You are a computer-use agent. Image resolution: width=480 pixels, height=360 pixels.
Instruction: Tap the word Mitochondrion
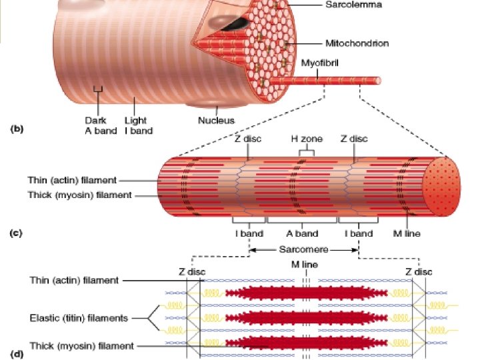(x=357, y=44)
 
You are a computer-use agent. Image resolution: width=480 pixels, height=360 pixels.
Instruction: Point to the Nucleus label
(x=216, y=121)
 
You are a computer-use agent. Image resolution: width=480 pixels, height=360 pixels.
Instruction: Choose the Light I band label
(x=138, y=125)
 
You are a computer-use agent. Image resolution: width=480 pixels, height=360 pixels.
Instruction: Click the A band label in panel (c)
(x=302, y=233)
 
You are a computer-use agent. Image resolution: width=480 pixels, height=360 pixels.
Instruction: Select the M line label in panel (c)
(x=406, y=233)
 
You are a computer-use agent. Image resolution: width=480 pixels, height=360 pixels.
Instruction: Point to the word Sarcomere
(x=303, y=251)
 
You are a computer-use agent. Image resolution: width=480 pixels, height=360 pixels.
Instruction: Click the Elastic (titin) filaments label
(x=79, y=318)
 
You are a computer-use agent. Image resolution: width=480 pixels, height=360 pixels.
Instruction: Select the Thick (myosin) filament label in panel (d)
(x=81, y=346)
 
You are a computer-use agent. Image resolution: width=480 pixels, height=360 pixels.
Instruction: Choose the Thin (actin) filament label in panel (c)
(x=73, y=180)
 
